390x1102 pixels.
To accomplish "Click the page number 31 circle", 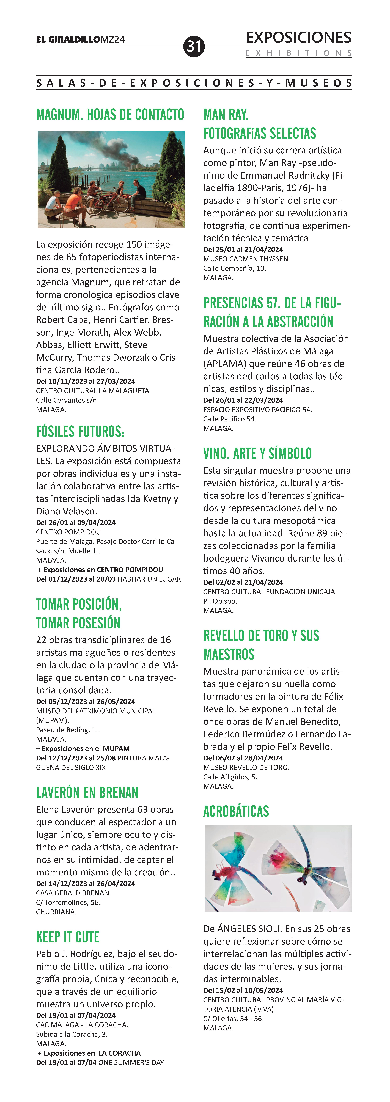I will pos(194,46).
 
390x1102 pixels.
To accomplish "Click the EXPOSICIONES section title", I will pos(298,38).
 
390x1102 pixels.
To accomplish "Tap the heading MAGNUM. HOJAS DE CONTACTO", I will pos(110,115).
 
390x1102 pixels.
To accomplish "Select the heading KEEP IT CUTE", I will pos(68,937).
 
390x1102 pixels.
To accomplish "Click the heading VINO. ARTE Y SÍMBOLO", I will pos(257,453).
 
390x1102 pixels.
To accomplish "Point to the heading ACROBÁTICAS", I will pos(236,811).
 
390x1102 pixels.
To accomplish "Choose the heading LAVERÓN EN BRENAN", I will pos(87,792).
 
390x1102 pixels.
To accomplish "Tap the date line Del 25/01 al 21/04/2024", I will pos(243,249).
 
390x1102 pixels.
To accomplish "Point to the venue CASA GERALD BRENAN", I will pos(73,893).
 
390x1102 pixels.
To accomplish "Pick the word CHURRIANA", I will pos(56,912).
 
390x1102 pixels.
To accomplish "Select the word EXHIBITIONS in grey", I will pos(298,53).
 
